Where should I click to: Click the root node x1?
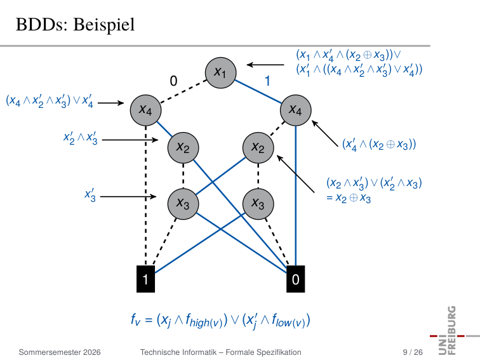220,73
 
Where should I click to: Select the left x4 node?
146,110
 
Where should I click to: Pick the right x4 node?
295,110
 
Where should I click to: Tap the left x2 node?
183,148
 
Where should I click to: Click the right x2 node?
258,148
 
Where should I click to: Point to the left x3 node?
183,204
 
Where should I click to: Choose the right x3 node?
258,204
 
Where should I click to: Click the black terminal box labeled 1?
146,279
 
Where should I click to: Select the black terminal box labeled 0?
295,279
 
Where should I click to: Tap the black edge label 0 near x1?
173,81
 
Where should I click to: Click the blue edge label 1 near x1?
267,81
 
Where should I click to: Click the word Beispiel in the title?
104,25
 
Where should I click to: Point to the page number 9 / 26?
413,352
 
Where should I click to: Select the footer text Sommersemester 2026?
60,352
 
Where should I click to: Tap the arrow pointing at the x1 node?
265,65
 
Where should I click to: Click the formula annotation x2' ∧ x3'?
80,138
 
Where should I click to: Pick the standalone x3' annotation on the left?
90,196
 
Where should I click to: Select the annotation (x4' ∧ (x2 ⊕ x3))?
379,144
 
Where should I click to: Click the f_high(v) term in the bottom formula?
206,321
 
